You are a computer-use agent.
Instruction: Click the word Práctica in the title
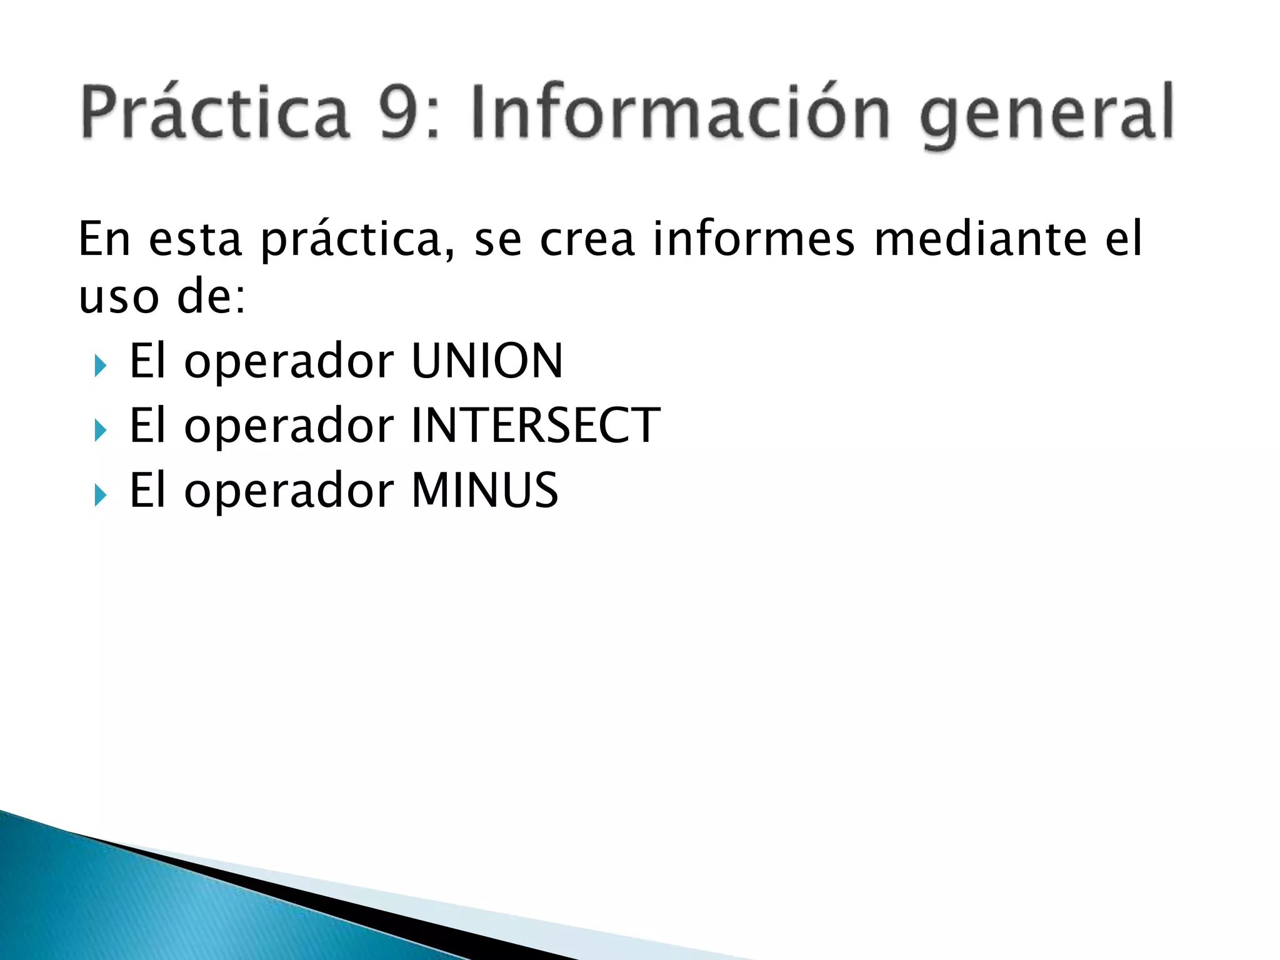[214, 112]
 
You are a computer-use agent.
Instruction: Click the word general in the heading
[1047, 116]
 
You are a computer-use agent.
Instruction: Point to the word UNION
[487, 361]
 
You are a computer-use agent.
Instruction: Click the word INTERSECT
[536, 426]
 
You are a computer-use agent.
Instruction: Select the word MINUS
[485, 490]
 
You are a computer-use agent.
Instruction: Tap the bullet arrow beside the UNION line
[100, 366]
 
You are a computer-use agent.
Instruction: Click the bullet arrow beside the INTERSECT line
[100, 430]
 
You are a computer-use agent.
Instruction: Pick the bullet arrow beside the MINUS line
[100, 495]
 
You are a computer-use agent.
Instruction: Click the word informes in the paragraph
[754, 239]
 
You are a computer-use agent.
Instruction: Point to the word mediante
[981, 239]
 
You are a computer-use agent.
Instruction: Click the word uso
[119, 297]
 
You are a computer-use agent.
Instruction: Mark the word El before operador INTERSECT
[147, 426]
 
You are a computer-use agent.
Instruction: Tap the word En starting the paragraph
[104, 239]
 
